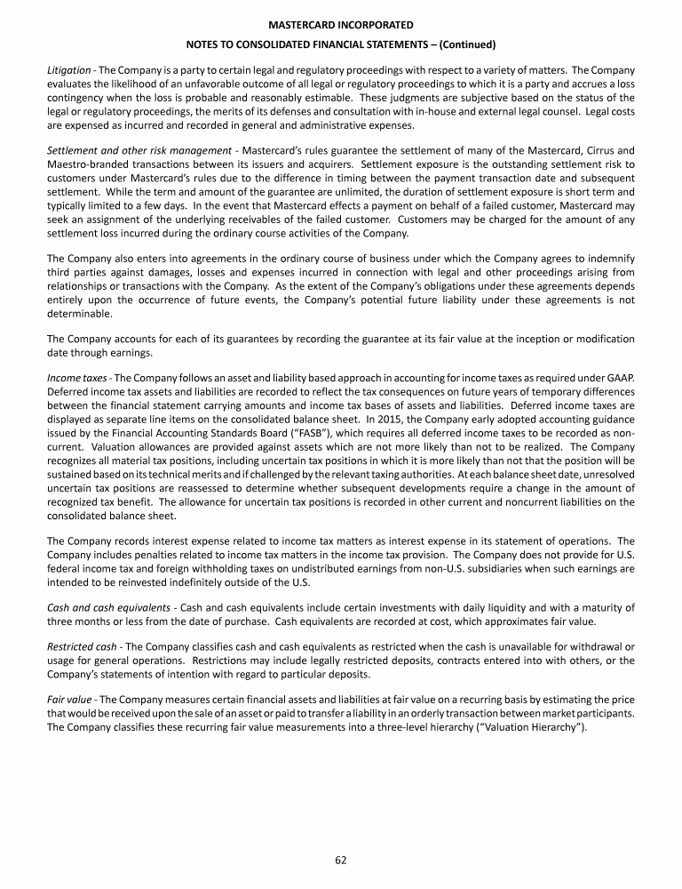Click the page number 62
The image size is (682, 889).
click(x=341, y=859)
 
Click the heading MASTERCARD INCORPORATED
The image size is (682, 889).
click(x=341, y=27)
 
